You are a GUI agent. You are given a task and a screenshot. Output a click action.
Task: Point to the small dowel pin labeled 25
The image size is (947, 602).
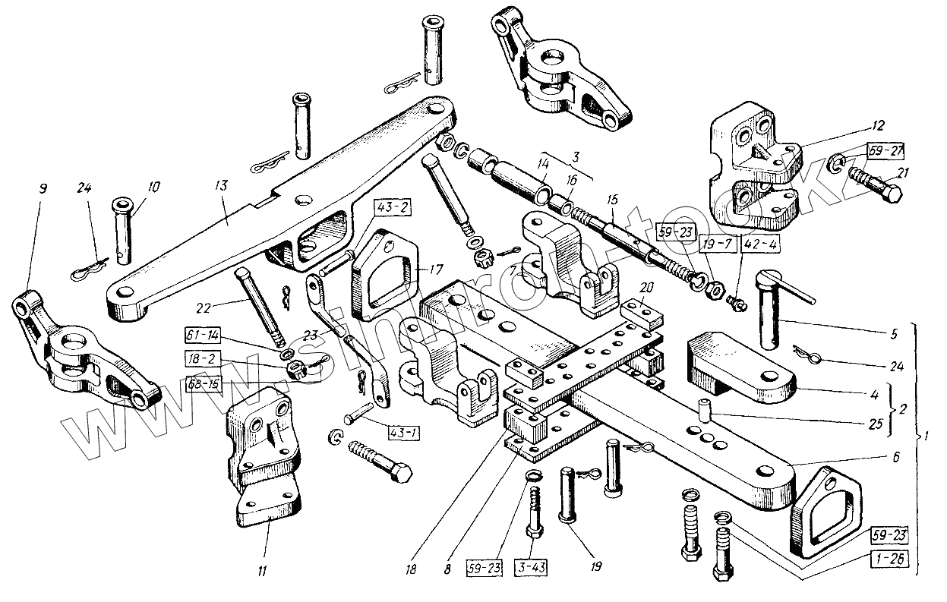(705, 410)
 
